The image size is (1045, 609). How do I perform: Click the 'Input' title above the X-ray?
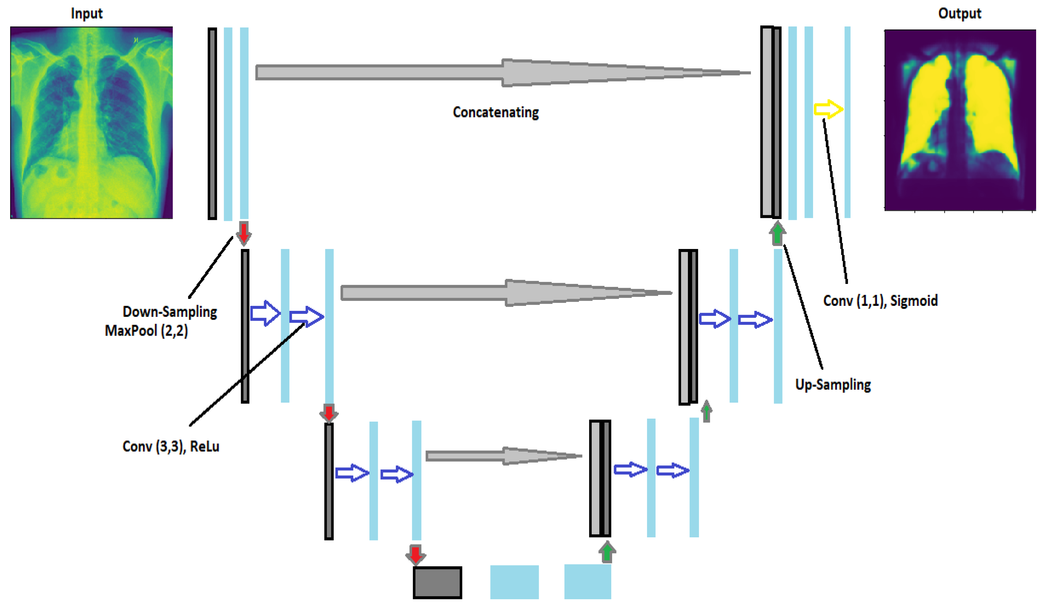(x=86, y=13)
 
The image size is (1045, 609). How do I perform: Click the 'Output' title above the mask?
(x=959, y=13)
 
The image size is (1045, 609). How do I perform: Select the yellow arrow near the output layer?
(x=828, y=109)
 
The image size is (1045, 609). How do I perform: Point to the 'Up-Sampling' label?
(x=833, y=385)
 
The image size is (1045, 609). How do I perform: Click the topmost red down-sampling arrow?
(x=243, y=233)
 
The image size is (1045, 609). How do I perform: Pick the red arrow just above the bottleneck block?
(x=415, y=555)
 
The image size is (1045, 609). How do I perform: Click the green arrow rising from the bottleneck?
(x=607, y=552)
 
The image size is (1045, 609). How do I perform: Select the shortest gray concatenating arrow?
(x=502, y=456)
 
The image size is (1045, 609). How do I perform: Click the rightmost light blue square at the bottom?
(x=587, y=582)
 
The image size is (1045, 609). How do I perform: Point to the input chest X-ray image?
(x=91, y=122)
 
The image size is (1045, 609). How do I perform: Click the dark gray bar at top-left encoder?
(x=212, y=123)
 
